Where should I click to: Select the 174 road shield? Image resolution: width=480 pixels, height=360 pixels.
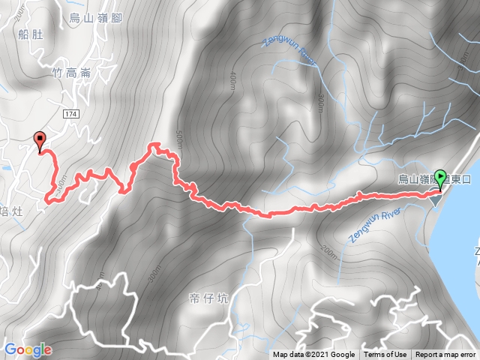(x=70, y=113)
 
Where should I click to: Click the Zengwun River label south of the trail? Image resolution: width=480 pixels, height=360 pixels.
(x=373, y=223)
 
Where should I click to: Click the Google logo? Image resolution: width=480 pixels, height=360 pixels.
(x=28, y=349)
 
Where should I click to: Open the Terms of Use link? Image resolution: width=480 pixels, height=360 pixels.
(x=385, y=355)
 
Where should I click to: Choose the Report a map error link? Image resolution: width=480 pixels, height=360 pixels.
(x=445, y=355)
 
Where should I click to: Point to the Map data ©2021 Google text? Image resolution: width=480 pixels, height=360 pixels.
(x=313, y=355)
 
